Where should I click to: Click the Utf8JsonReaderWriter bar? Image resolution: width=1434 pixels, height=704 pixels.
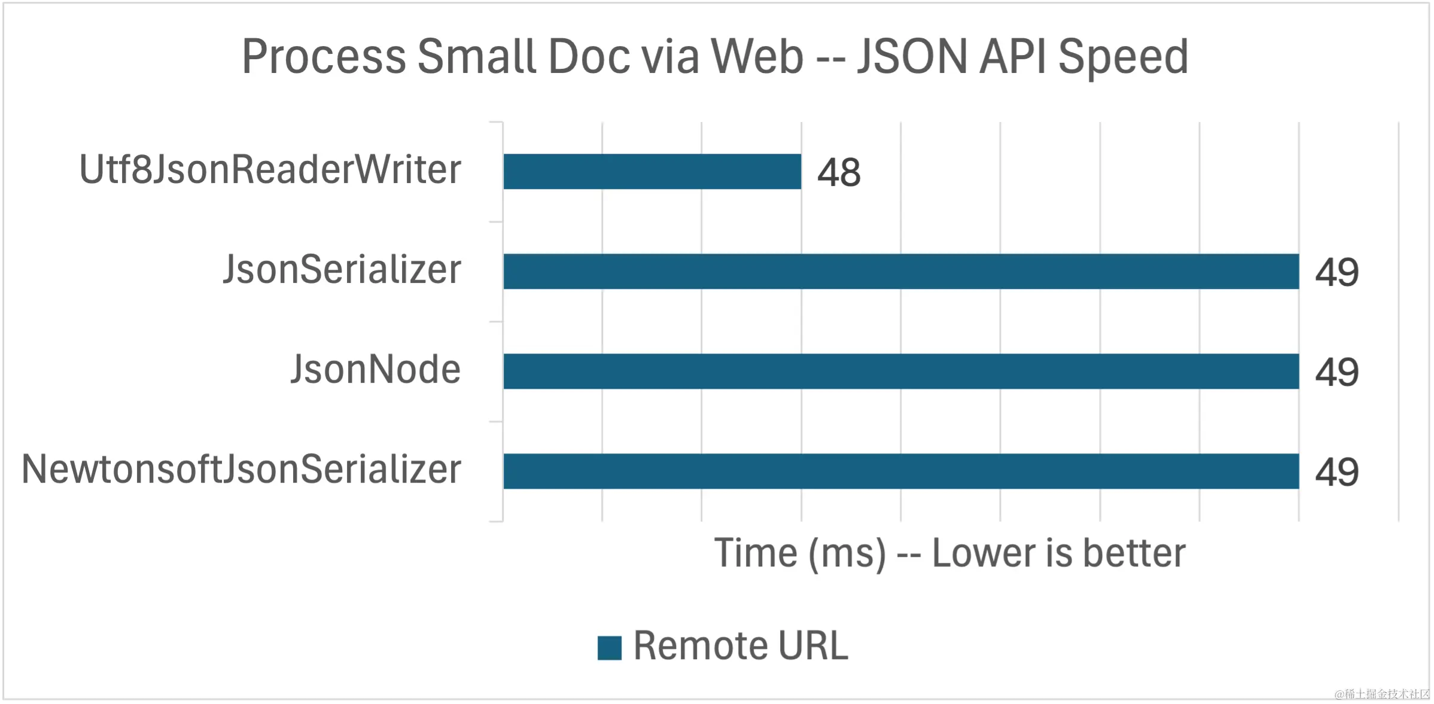(x=652, y=172)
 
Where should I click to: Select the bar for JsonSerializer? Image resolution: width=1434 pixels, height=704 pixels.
(x=901, y=272)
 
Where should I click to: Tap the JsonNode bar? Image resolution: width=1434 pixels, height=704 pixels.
(x=901, y=371)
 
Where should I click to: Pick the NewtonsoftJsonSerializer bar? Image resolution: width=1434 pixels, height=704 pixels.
(x=901, y=471)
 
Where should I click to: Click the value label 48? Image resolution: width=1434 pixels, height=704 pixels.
(x=839, y=173)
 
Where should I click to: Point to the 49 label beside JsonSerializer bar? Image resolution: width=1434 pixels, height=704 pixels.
(x=1336, y=273)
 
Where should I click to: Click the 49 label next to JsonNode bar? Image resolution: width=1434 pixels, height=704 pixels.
(x=1336, y=373)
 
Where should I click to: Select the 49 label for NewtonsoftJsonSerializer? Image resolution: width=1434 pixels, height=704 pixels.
(x=1336, y=473)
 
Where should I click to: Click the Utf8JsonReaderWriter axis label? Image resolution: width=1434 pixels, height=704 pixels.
(x=270, y=169)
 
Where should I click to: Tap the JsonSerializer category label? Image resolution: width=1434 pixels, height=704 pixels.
(x=342, y=270)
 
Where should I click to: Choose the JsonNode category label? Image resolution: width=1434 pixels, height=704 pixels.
(x=376, y=369)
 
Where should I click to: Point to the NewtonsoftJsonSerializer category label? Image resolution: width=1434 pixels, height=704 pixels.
(x=242, y=470)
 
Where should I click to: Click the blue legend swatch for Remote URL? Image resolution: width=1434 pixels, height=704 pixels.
(x=609, y=648)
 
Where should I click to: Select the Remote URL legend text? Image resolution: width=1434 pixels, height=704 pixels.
(x=741, y=646)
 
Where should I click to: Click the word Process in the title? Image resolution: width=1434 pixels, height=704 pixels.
(x=324, y=57)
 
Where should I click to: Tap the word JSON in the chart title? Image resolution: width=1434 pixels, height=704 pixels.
(x=912, y=57)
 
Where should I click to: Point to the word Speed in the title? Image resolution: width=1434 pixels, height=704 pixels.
(x=1123, y=57)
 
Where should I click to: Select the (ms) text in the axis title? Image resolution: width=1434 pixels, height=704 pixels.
(x=847, y=554)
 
